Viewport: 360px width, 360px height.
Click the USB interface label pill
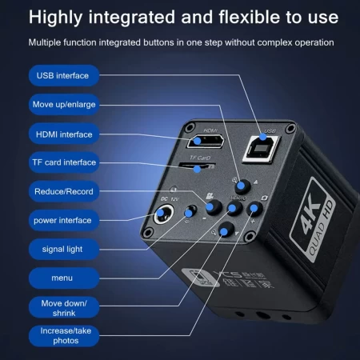(x=63, y=76)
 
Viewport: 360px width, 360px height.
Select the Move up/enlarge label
(x=63, y=105)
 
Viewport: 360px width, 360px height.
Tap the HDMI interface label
(x=63, y=134)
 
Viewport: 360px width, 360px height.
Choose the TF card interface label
(x=63, y=162)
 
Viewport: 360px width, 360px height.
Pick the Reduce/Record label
(x=63, y=191)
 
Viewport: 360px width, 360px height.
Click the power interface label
(x=63, y=220)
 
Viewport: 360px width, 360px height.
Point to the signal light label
(x=63, y=249)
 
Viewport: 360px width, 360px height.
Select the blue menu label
(x=63, y=278)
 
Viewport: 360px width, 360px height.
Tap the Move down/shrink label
(x=63, y=307)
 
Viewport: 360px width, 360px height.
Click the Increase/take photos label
(x=63, y=335)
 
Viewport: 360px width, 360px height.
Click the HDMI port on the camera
(x=210, y=143)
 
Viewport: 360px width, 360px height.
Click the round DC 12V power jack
(x=167, y=214)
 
